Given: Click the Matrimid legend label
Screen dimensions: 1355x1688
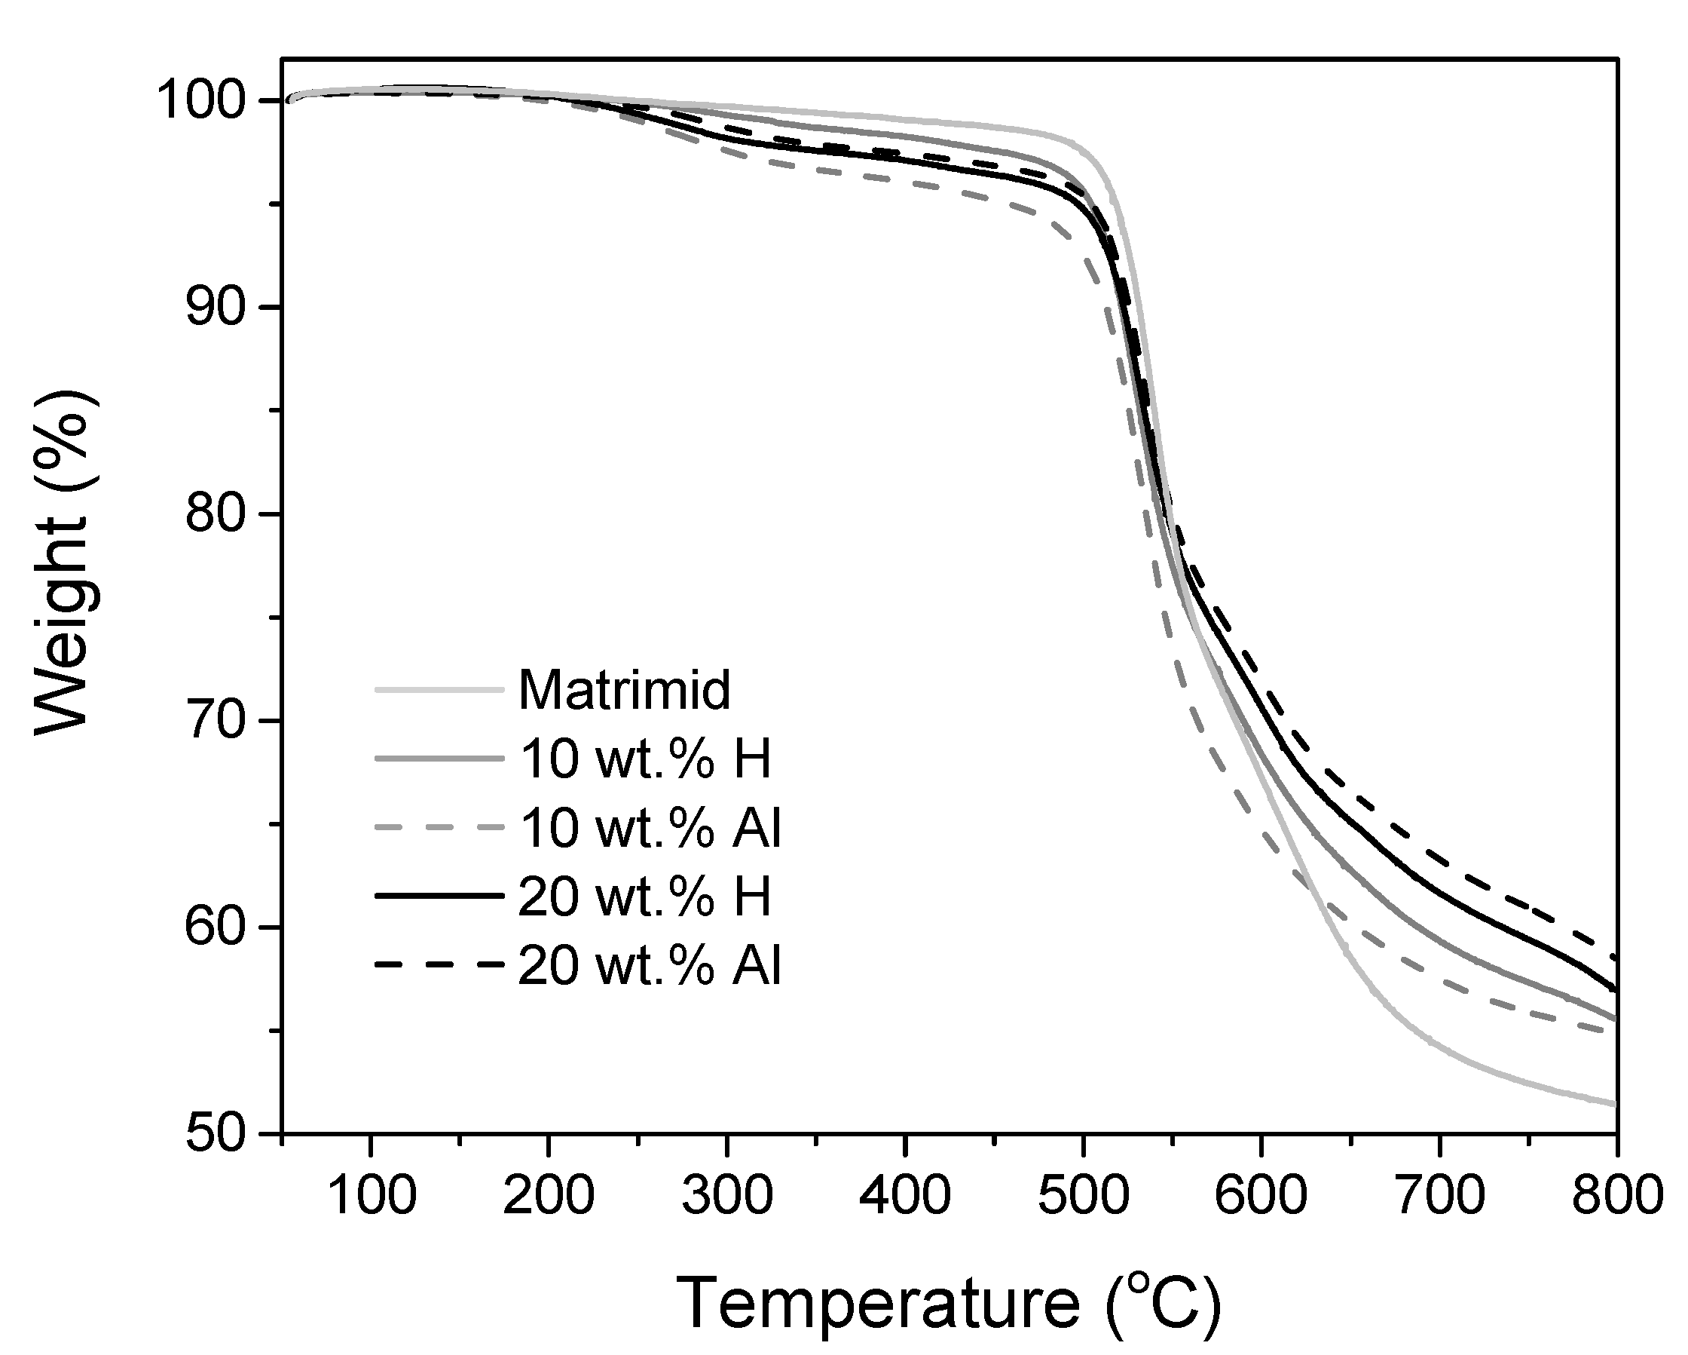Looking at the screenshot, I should (624, 690).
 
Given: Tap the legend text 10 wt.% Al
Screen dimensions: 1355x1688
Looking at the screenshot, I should (649, 828).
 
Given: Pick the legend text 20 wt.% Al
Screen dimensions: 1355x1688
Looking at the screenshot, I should (649, 965).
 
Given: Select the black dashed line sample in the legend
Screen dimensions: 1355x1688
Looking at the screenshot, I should (439, 965).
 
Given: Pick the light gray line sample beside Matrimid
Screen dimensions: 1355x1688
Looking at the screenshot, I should (439, 690).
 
